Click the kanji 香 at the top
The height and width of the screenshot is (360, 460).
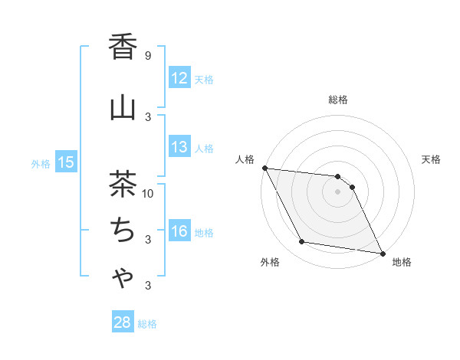click(123, 47)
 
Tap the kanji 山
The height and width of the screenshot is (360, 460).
click(123, 108)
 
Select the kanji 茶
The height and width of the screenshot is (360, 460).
click(123, 185)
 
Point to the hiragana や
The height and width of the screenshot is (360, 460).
click(123, 279)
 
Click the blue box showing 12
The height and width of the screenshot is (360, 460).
click(179, 78)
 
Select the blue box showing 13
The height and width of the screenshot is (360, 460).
click(179, 147)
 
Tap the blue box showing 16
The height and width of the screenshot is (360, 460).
click(179, 231)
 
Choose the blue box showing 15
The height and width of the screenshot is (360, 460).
click(66, 162)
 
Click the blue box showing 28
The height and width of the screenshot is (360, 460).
click(123, 322)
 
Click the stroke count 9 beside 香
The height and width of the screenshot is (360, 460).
click(148, 55)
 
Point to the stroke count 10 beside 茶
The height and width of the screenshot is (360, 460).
click(148, 193)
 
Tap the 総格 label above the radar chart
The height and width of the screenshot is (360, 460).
click(338, 100)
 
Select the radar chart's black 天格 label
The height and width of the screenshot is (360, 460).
click(432, 159)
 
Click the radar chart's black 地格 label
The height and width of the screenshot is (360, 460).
click(402, 262)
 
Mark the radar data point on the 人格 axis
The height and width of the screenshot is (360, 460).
click(264, 168)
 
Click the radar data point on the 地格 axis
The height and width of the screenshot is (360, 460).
click(382, 252)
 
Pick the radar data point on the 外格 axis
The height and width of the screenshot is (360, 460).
click(302, 242)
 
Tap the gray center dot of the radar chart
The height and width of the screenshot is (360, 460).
click(337, 191)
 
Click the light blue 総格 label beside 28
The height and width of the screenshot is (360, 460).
click(147, 323)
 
